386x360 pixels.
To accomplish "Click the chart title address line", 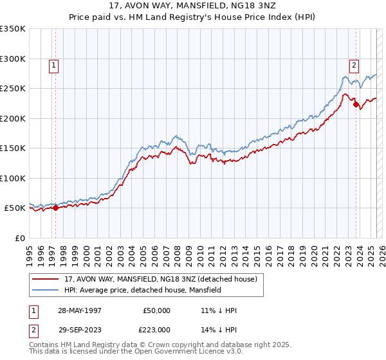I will pyautogui.click(x=192, y=7).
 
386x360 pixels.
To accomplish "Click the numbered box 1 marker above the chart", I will pyautogui.click(x=54, y=64).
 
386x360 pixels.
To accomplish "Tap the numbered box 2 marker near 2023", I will pyautogui.click(x=354, y=64).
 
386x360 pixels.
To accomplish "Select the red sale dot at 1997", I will pyautogui.click(x=56, y=208).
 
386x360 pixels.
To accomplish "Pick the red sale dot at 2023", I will pyautogui.click(x=356, y=105).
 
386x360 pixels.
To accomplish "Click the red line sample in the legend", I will pyautogui.click(x=45, y=279).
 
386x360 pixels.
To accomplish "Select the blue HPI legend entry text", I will pyautogui.click(x=142, y=290).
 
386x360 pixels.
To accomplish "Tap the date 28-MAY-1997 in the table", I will pyautogui.click(x=79, y=310).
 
